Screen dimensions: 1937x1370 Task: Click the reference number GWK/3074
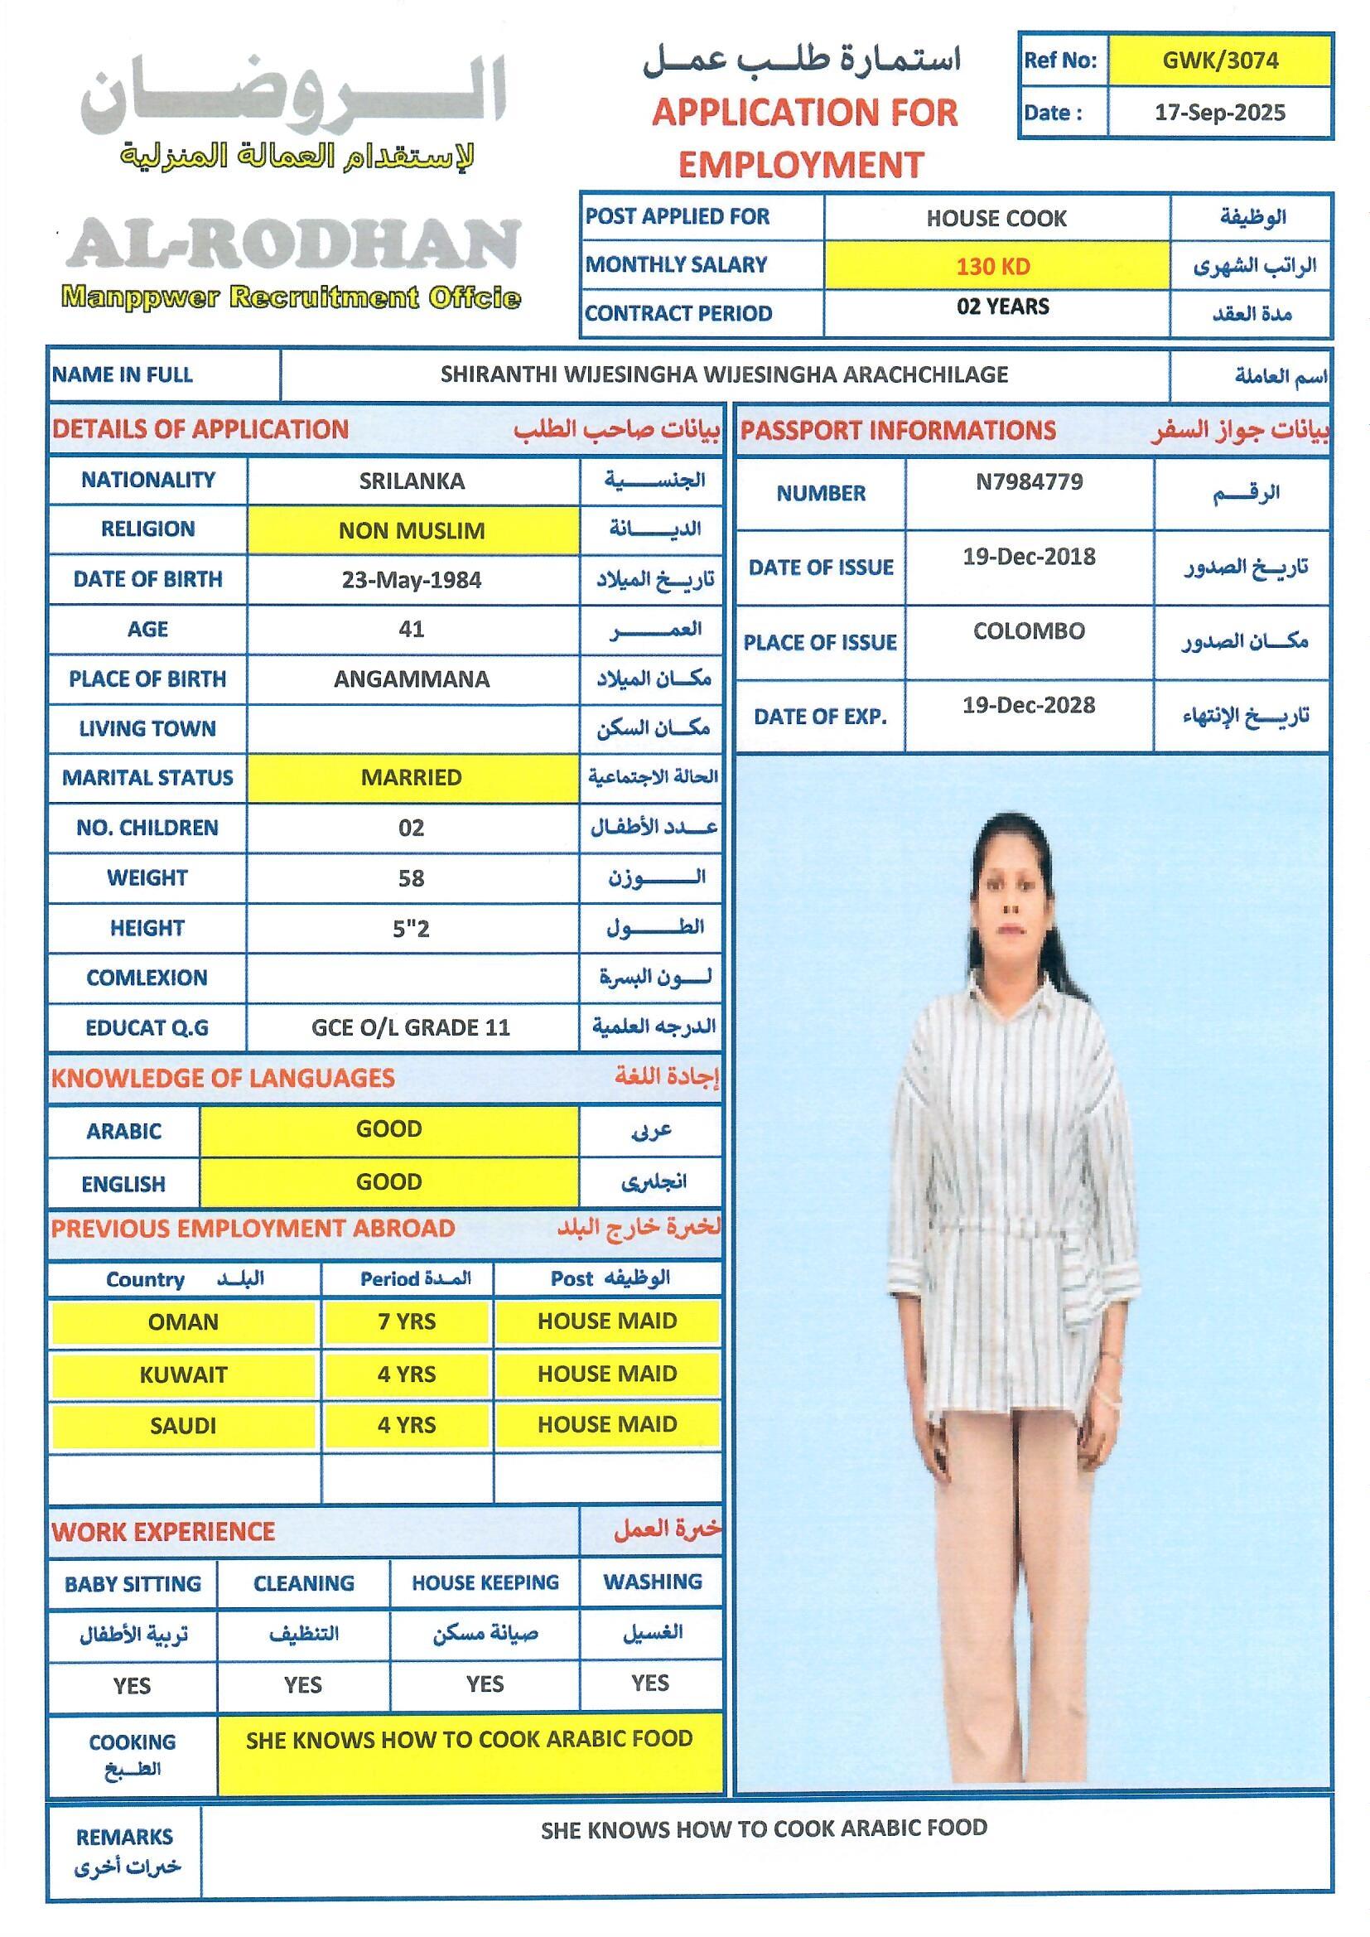[1219, 60]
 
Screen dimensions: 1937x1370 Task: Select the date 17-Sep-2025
[1219, 113]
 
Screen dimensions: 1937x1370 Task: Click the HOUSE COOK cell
[996, 219]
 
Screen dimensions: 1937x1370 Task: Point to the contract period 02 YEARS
[1002, 307]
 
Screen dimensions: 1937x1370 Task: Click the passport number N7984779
[1029, 482]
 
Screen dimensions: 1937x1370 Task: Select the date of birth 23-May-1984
[412, 581]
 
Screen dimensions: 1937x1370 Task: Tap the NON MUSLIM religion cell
[412, 531]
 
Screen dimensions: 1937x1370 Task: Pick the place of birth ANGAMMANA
[412, 679]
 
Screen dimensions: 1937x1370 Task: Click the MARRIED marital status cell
[412, 777]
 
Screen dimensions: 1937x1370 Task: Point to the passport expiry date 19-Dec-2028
[1029, 705]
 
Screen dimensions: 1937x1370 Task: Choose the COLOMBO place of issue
[1029, 631]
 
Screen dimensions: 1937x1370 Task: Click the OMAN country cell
[183, 1321]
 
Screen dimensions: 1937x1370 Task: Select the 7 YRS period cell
[407, 1321]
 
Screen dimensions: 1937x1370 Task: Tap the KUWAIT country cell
[183, 1374]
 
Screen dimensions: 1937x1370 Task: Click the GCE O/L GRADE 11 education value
[411, 1027]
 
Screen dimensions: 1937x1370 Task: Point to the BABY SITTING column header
[133, 1583]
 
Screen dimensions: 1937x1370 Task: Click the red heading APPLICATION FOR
[805, 113]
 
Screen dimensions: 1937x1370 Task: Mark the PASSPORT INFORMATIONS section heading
[898, 430]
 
